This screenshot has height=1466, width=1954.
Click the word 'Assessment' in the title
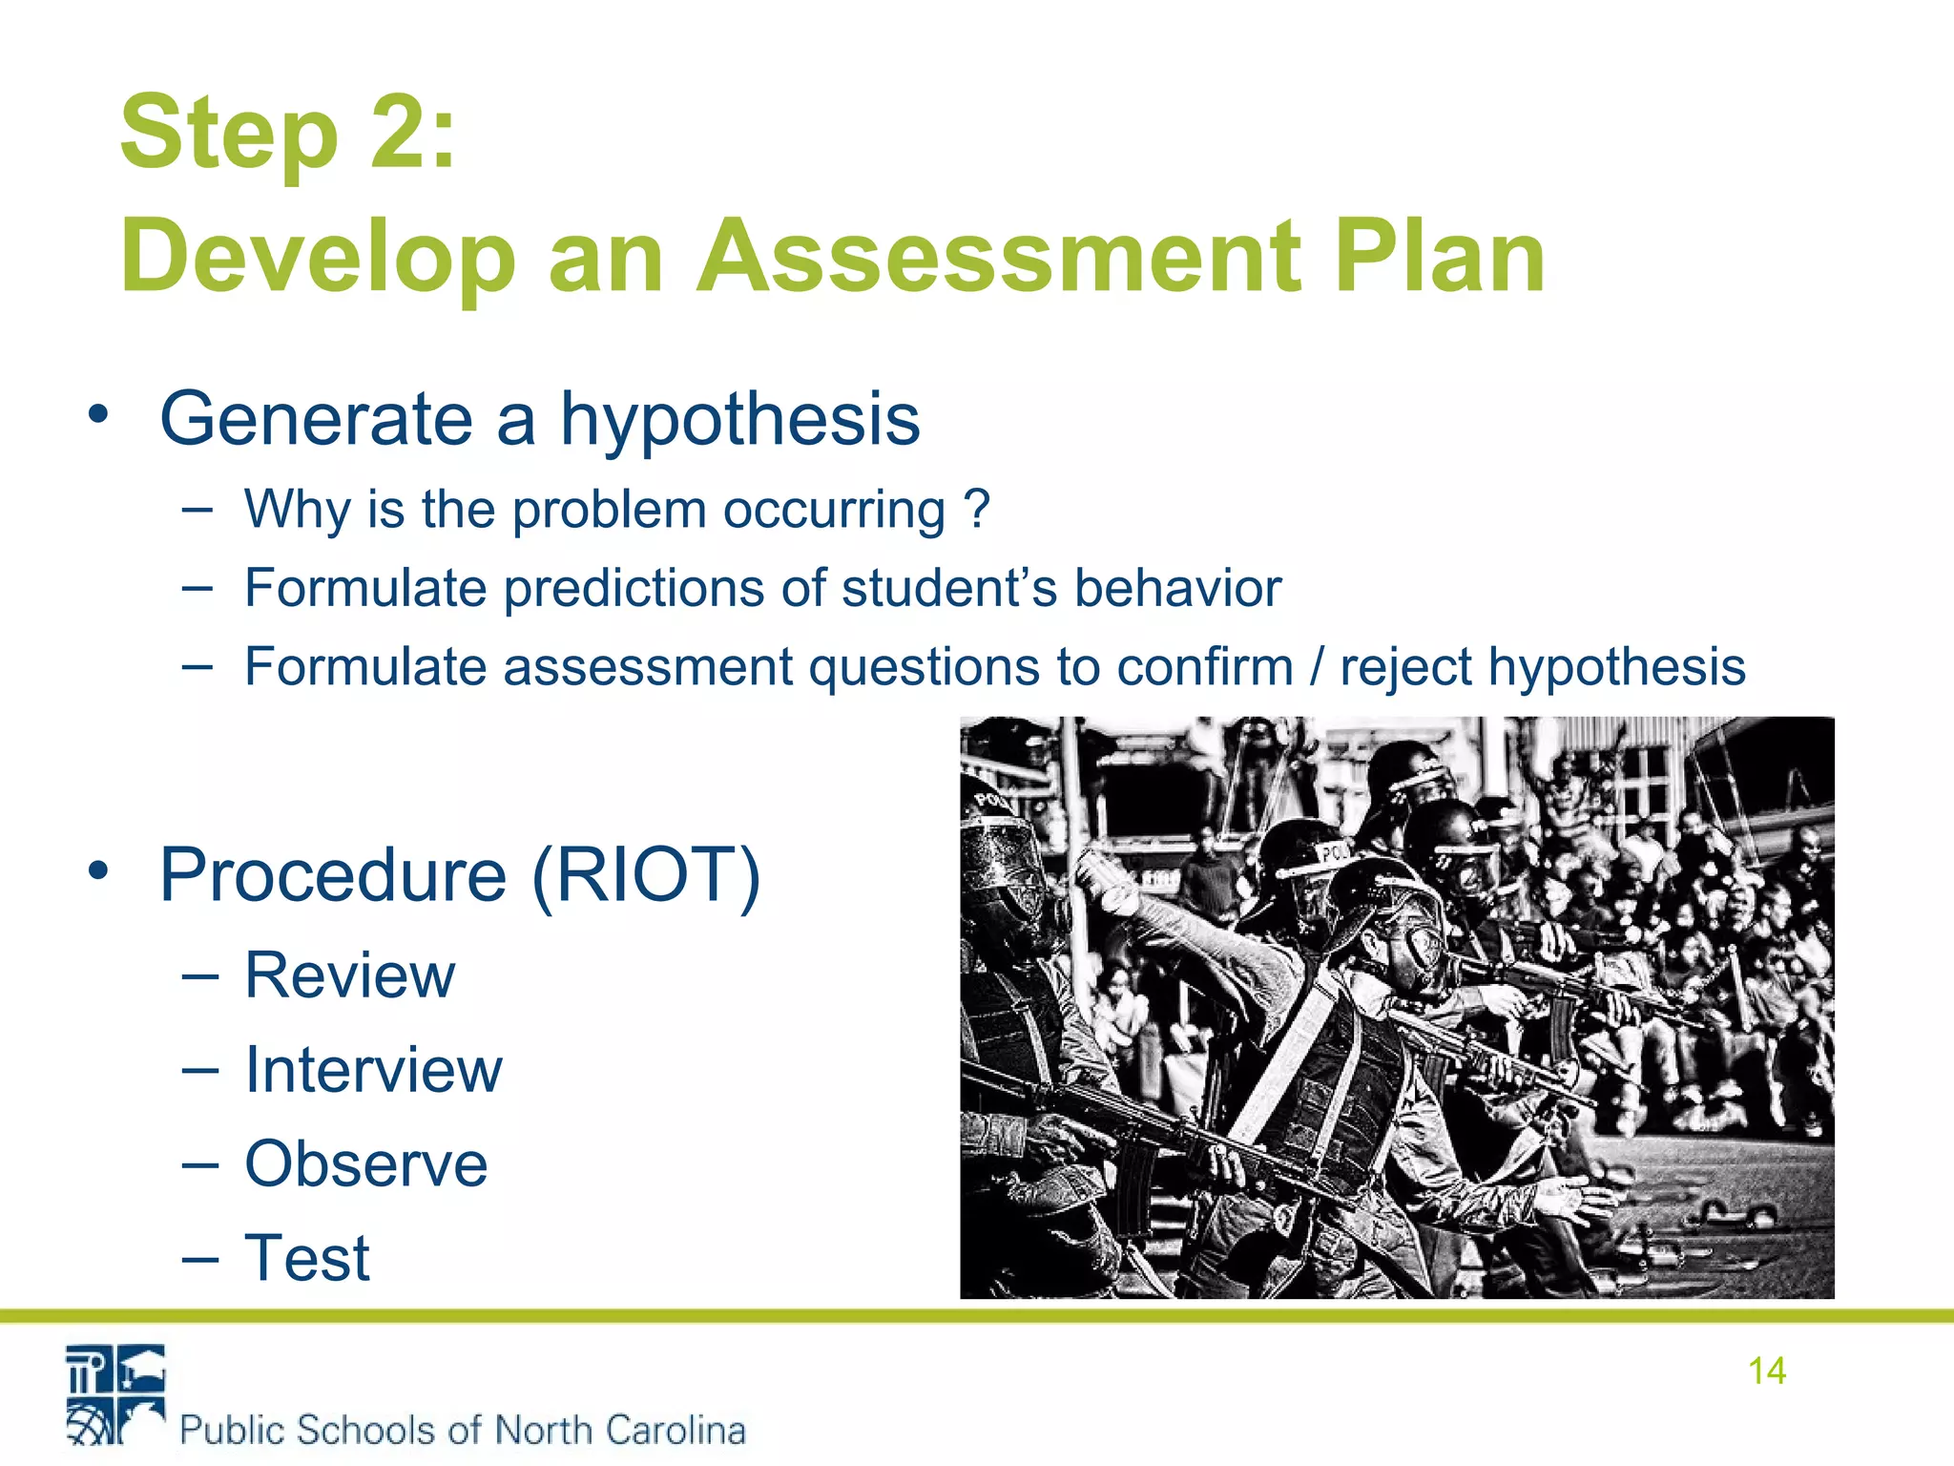(x=998, y=256)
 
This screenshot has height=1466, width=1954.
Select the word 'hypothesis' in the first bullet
(x=739, y=420)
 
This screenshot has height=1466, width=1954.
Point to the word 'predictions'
(x=634, y=588)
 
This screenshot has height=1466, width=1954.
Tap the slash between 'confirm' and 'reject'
(x=1318, y=666)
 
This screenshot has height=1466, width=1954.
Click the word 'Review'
(x=350, y=975)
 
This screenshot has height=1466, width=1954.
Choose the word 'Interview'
(x=373, y=1070)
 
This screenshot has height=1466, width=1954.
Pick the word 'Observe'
(x=366, y=1164)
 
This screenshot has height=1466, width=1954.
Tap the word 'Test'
(x=307, y=1258)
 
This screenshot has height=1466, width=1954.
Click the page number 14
(x=1766, y=1371)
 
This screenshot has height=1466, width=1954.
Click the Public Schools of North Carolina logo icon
(x=115, y=1394)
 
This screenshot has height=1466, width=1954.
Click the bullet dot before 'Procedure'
(x=98, y=871)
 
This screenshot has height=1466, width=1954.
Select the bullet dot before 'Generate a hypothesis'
(x=98, y=416)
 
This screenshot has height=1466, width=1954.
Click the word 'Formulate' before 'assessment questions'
(x=364, y=666)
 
